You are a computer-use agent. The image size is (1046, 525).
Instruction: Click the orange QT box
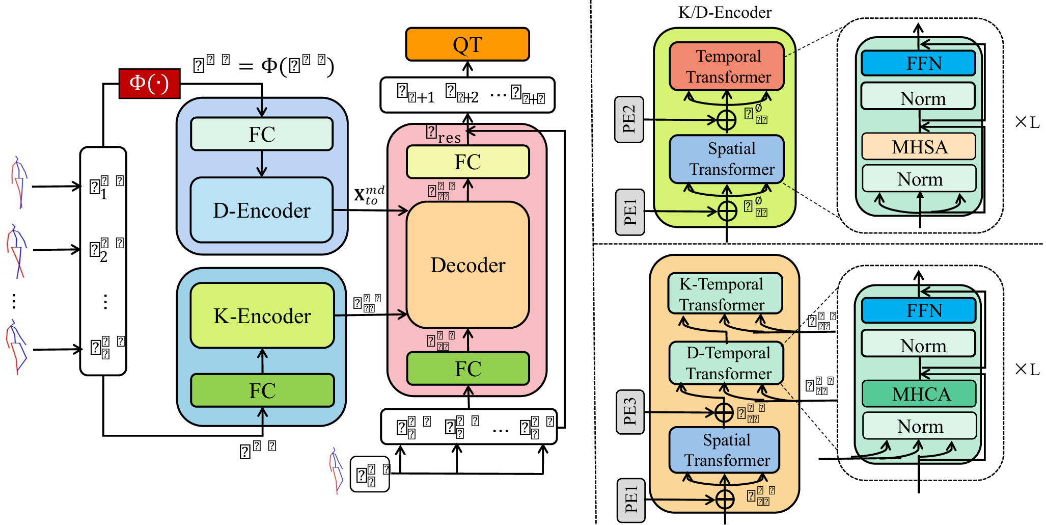(x=467, y=44)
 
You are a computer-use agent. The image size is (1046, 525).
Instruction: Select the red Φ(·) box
(x=149, y=83)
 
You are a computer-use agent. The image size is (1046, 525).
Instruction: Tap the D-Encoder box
(x=262, y=210)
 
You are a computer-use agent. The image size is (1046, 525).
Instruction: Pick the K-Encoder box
(x=262, y=316)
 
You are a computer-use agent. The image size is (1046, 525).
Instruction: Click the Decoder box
(x=468, y=265)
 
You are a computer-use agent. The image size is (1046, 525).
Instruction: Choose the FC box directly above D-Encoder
(x=262, y=134)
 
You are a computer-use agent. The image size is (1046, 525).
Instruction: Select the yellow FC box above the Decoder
(x=467, y=162)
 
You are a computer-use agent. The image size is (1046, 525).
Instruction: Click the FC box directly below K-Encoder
(x=262, y=390)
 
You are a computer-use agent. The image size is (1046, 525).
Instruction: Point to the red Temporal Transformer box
(x=727, y=66)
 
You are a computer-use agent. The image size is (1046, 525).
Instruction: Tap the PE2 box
(x=629, y=119)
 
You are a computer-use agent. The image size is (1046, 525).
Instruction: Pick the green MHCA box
(x=920, y=394)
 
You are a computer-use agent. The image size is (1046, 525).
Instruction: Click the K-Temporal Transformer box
(x=725, y=294)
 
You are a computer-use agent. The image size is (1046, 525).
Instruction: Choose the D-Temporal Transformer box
(x=727, y=363)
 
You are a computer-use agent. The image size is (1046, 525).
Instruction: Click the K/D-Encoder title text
(x=725, y=12)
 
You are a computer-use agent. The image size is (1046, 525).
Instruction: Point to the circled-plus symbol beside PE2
(x=727, y=120)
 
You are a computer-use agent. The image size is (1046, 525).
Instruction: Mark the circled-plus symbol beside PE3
(x=724, y=412)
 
